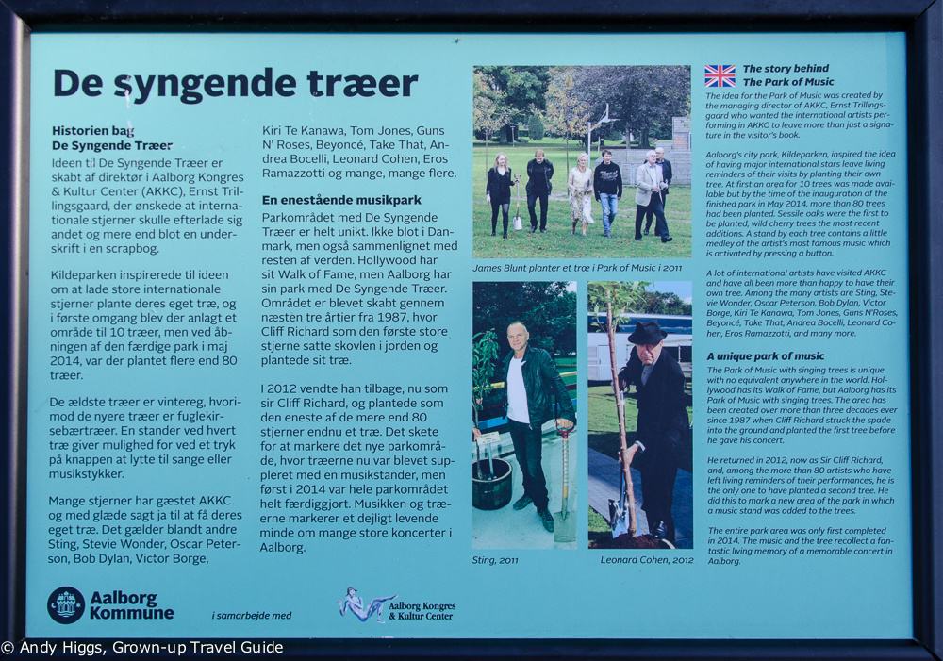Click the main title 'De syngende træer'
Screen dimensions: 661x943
[x=235, y=83]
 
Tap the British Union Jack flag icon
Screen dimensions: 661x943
[x=720, y=75]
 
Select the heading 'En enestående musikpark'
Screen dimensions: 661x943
[x=341, y=200]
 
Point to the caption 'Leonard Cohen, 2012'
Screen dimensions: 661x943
[x=646, y=560]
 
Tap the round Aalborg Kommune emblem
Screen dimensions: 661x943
[x=66, y=605]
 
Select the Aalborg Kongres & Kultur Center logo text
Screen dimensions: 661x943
[x=422, y=610]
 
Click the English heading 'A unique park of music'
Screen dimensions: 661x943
[x=766, y=356]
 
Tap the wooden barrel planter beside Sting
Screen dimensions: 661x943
[x=491, y=481]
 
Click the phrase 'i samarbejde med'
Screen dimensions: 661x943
[x=251, y=616]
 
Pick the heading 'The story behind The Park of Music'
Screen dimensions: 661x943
[x=786, y=75]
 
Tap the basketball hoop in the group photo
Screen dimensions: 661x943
[x=601, y=120]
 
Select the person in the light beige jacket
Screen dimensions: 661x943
[x=649, y=183]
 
